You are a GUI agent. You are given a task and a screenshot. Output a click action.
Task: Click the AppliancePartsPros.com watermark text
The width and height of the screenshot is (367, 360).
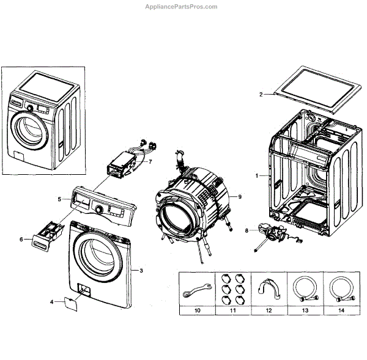click(x=183, y=7)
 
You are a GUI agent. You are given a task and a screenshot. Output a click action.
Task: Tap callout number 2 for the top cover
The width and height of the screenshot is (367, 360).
click(x=260, y=95)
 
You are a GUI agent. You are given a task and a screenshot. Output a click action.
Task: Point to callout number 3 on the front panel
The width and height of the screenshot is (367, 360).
click(x=141, y=270)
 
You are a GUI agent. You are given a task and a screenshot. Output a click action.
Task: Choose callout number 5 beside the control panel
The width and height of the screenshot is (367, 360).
click(x=59, y=199)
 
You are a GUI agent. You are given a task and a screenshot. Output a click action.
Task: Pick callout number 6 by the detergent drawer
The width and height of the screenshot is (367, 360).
click(x=21, y=240)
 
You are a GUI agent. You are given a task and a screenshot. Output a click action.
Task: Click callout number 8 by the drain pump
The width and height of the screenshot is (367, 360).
click(x=247, y=230)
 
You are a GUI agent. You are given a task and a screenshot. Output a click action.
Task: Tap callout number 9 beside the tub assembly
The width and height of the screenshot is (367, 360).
click(x=240, y=197)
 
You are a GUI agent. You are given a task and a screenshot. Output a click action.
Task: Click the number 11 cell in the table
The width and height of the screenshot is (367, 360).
click(x=232, y=311)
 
